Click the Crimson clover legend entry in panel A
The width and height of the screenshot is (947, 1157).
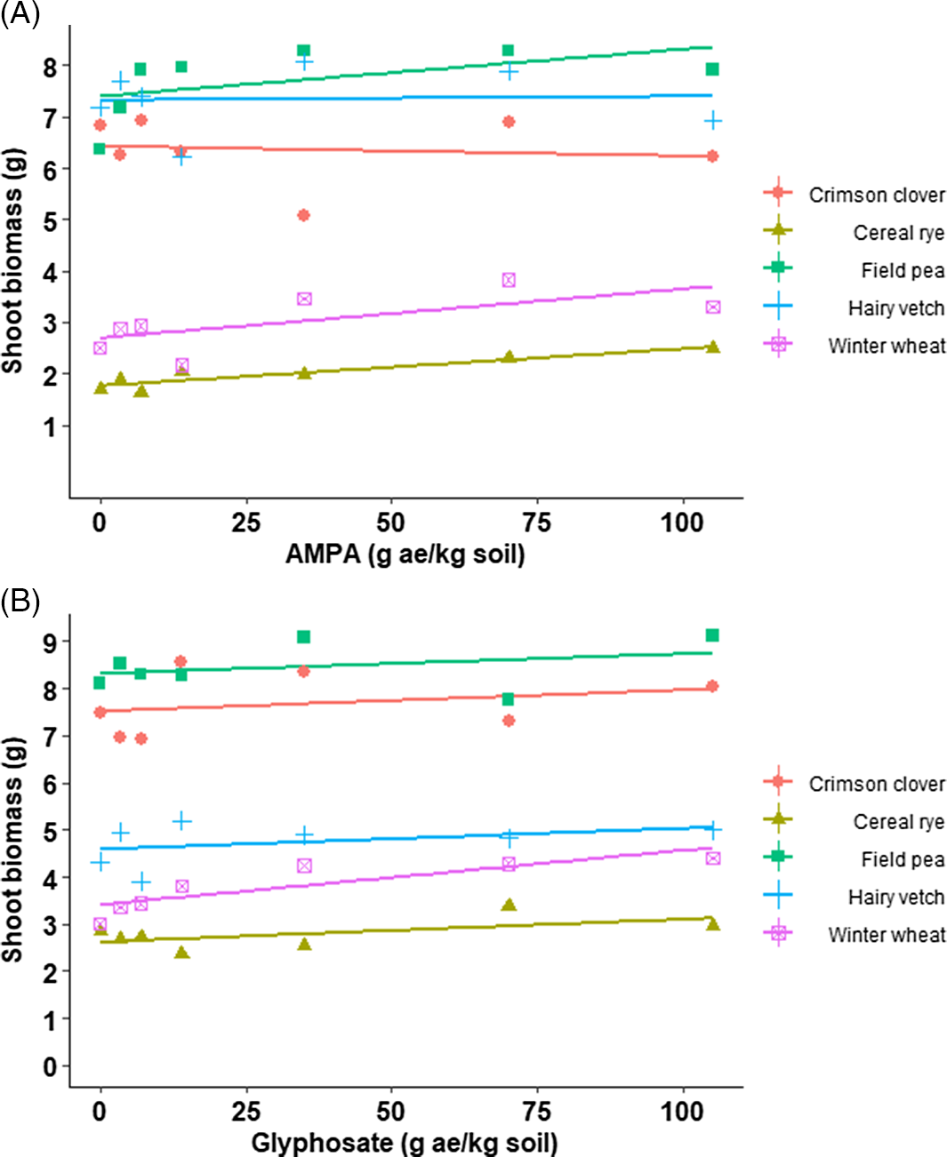coord(876,195)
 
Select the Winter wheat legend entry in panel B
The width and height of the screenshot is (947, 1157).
coord(886,935)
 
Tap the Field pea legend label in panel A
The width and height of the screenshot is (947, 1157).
coord(902,270)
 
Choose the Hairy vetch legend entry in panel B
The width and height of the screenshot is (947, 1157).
coord(895,898)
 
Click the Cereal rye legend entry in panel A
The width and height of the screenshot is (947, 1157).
coord(898,233)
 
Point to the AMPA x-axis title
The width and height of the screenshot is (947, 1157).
coord(405,555)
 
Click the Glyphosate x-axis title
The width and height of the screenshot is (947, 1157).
coord(405,1143)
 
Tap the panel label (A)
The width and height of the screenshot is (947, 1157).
coord(20,15)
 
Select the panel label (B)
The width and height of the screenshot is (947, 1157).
coord(20,602)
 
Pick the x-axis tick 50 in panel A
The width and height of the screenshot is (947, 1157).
coord(390,523)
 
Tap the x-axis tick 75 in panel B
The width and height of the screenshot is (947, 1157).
coord(536,1112)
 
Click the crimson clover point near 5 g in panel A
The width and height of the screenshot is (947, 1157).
coord(303,215)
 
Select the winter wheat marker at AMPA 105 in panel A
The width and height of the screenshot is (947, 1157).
coord(712,307)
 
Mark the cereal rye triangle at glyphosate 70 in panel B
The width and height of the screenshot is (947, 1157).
coord(509,905)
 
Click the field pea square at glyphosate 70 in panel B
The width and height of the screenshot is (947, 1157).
coord(508,699)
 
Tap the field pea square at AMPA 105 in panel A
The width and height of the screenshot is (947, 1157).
coord(712,69)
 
